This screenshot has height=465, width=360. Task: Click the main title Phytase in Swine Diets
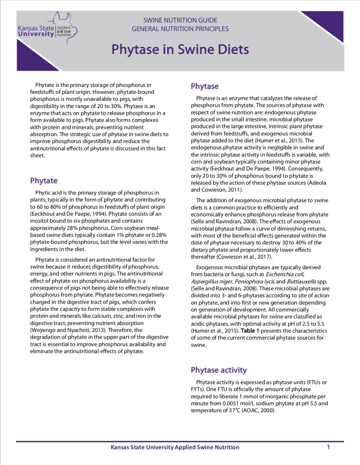click(x=180, y=50)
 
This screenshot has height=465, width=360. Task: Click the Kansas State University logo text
click(x=36, y=31)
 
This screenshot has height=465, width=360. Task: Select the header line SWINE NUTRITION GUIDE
click(x=180, y=20)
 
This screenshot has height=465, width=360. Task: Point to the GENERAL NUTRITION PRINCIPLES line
click(x=180, y=29)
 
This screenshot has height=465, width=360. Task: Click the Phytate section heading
click(x=44, y=181)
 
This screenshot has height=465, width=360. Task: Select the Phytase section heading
click(x=205, y=86)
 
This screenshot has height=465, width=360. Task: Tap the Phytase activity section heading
click(x=219, y=370)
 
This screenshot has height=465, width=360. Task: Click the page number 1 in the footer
click(x=328, y=447)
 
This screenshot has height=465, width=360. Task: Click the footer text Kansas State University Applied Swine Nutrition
click(x=175, y=447)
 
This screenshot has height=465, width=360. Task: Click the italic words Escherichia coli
click(x=285, y=274)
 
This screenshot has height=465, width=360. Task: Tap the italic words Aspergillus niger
click(x=212, y=281)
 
